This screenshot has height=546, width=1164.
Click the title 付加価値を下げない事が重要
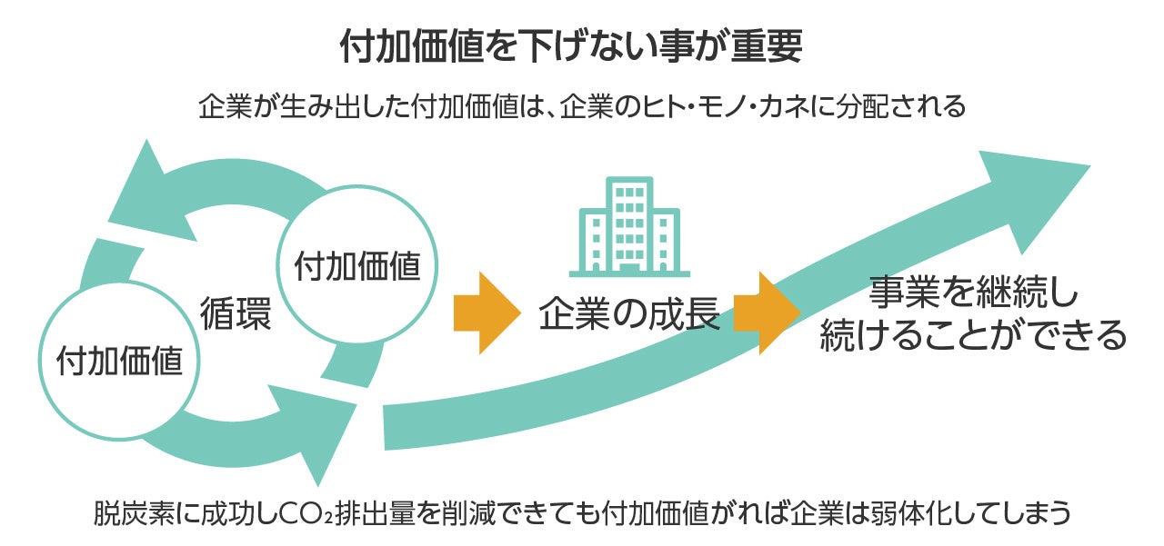coord(570,47)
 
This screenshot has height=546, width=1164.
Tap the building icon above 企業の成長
coord(629,226)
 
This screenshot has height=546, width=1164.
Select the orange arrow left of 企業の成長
coord(486,313)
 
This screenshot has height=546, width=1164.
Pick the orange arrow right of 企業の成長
coord(766,313)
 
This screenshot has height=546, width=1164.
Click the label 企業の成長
coord(629,314)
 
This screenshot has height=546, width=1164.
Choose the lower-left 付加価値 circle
coord(119,362)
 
